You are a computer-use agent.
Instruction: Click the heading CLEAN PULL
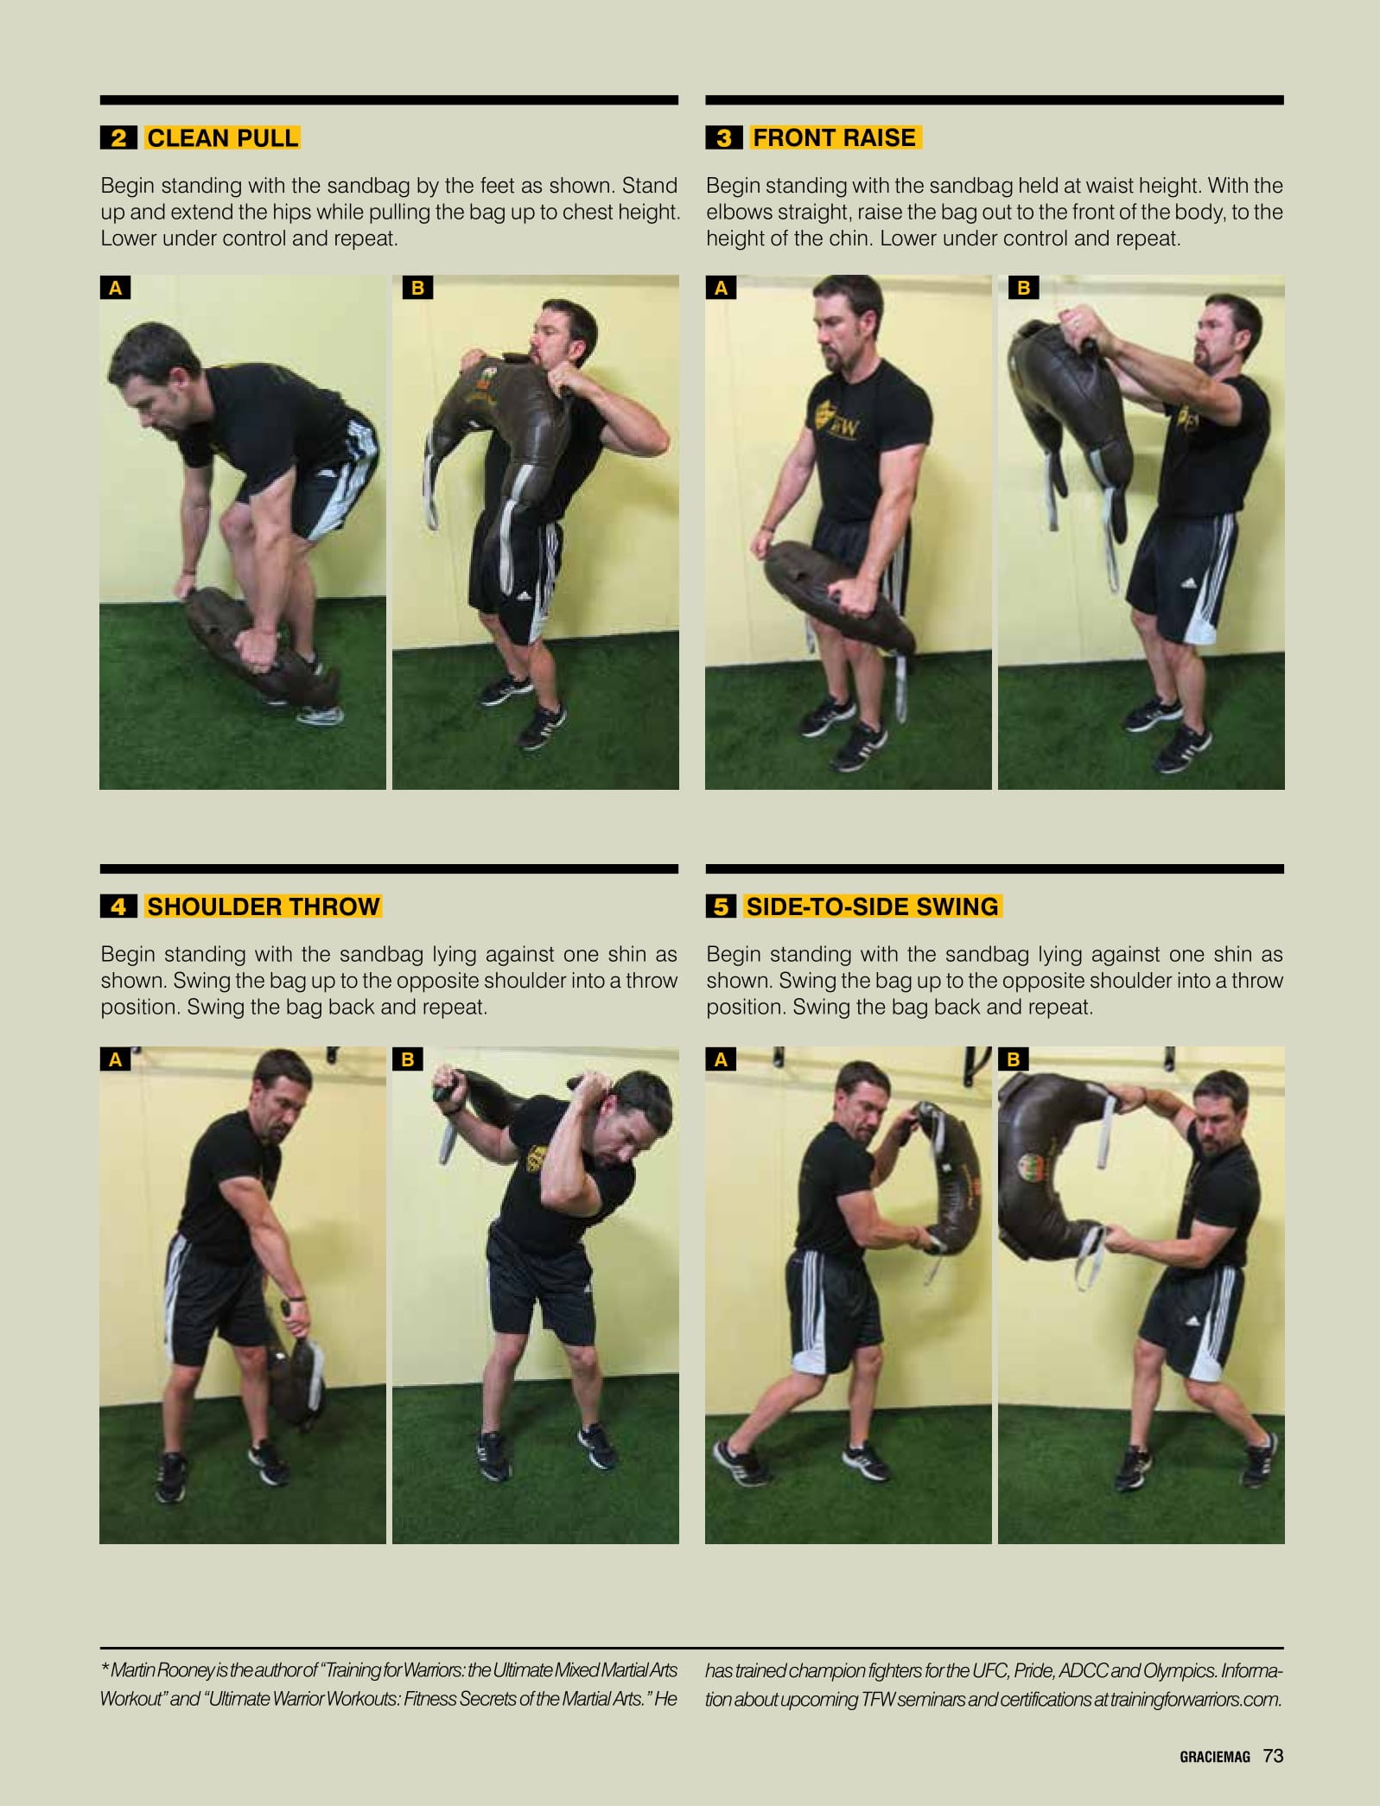[222, 137]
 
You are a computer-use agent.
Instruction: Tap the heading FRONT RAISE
[835, 137]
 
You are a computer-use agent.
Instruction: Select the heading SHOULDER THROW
[264, 906]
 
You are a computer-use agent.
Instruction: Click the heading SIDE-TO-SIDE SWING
[872, 906]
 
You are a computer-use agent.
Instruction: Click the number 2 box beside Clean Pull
[118, 137]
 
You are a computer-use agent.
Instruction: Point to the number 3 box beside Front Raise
[724, 137]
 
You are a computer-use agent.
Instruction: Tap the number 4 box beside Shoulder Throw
[118, 906]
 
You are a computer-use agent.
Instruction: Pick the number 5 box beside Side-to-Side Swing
[721, 906]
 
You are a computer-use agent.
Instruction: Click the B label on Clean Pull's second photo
[417, 288]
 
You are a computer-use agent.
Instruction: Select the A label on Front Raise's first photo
[721, 288]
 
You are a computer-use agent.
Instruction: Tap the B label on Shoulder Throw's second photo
[408, 1059]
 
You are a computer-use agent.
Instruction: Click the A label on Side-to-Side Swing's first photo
[721, 1059]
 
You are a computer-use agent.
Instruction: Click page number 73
[1273, 1755]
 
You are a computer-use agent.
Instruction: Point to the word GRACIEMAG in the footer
[1215, 1757]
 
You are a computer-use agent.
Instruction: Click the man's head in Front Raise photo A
[847, 320]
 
